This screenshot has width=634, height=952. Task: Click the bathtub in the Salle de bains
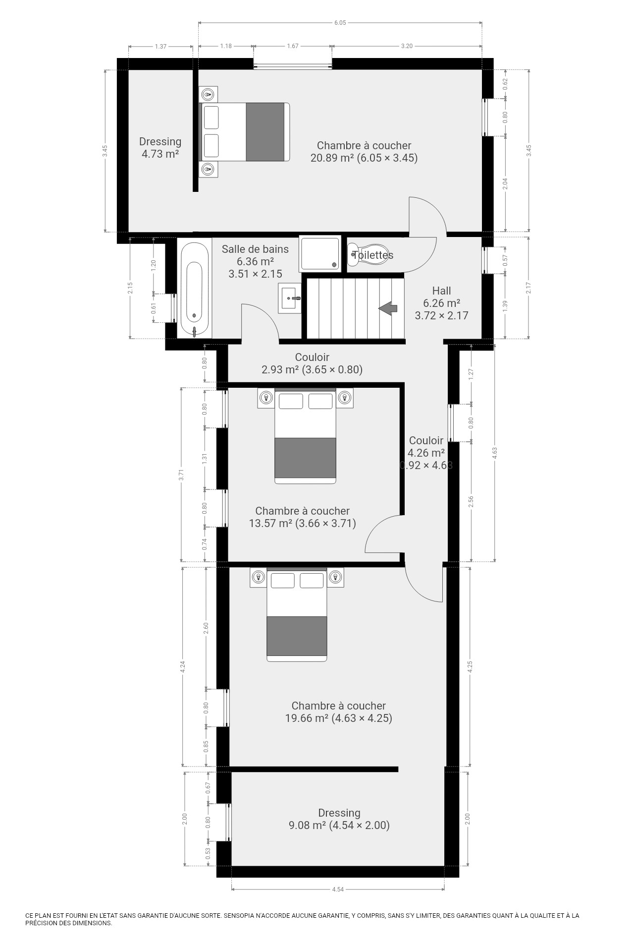195,290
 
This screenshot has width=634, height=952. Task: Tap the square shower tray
320,253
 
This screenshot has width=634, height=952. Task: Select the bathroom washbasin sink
289,298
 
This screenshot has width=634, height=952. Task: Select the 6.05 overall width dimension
340,22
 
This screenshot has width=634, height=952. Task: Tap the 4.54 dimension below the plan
338,890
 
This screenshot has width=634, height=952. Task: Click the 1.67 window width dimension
293,46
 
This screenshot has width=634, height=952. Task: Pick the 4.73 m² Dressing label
160,148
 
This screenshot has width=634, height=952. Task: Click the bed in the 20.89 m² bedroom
244,132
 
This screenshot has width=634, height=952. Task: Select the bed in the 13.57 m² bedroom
306,436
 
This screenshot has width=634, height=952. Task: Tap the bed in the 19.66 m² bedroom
297,615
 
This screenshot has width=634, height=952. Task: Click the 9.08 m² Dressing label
339,819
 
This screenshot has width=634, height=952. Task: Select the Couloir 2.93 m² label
312,363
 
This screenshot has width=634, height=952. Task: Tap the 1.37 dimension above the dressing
160,46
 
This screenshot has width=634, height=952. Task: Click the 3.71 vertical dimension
182,475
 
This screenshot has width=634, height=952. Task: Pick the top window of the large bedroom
293,64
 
